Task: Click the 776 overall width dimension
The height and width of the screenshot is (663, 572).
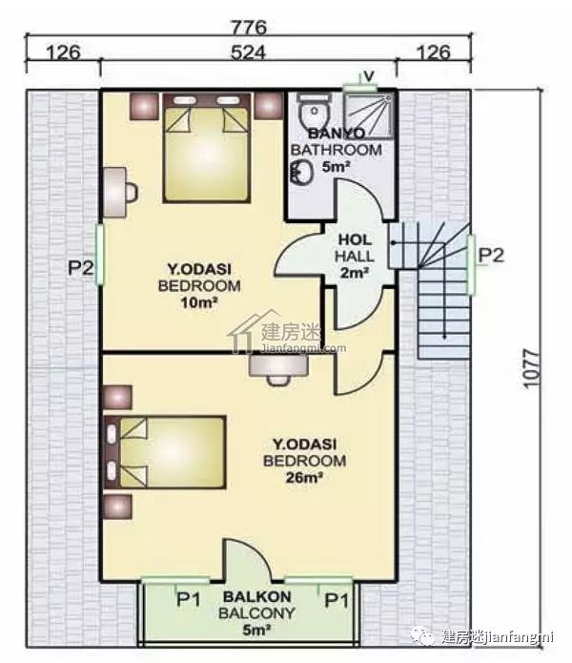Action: [249, 28]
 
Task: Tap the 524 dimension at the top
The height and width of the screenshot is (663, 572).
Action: [249, 52]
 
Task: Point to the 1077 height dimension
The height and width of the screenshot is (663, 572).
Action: [531, 367]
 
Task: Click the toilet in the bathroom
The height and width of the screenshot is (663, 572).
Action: [313, 110]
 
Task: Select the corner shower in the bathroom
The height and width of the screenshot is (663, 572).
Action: [369, 115]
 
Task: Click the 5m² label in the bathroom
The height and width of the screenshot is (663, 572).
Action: [337, 167]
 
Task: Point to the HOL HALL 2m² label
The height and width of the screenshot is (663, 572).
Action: [355, 257]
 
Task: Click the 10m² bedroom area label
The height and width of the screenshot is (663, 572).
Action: [199, 302]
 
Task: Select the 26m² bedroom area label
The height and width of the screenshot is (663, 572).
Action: [304, 478]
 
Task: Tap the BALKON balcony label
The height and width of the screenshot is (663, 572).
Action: [256, 597]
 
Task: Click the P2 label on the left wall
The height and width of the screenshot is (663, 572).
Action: [81, 267]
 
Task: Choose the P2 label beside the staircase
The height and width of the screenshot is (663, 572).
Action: [491, 256]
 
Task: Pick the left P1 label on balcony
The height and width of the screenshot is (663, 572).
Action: [189, 599]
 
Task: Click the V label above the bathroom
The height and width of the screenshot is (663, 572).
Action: [369, 76]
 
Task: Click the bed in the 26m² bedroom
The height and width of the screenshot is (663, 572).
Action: [165, 452]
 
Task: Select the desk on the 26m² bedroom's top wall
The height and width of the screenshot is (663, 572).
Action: [278, 369]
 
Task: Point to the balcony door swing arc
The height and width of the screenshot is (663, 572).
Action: [255, 552]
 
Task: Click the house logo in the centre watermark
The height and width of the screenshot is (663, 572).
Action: [250, 332]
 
